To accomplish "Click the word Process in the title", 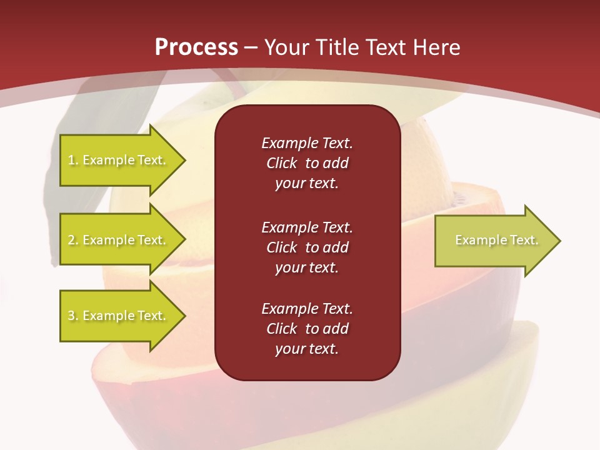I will [196, 47].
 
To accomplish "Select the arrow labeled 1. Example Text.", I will [119, 160].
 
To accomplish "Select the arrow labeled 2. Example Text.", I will [119, 240].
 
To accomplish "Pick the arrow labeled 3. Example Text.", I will [119, 316].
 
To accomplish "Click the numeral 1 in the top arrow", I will [71, 161].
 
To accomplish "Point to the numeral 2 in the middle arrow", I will [71, 240].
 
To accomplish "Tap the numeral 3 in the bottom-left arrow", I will [71, 316].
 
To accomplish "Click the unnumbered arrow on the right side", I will [494, 241].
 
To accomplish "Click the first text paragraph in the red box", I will [307, 163].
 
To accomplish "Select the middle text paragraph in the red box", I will [307, 247].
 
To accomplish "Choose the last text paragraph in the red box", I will [307, 329].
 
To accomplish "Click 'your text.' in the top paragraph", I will [307, 184].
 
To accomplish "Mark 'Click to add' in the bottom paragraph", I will [307, 329].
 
